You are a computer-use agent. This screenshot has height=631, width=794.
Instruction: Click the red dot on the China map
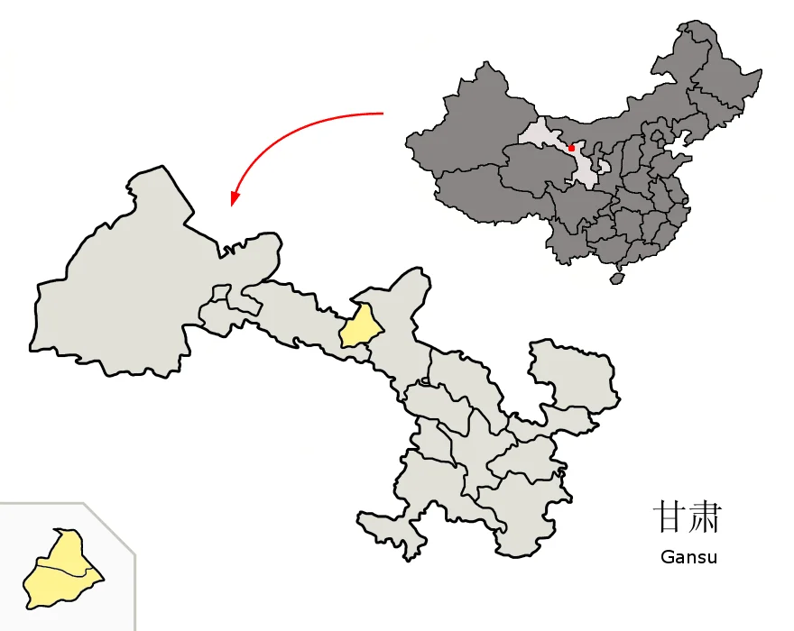[571, 148]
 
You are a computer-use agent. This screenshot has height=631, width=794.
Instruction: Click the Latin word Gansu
[688, 557]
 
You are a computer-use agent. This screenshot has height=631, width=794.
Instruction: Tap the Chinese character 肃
[704, 517]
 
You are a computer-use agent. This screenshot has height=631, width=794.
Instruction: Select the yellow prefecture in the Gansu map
[358, 327]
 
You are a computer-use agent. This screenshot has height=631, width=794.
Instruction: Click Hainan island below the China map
[617, 279]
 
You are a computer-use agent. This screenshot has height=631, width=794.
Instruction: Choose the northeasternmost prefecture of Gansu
[573, 374]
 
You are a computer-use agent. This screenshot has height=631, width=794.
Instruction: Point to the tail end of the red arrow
[383, 114]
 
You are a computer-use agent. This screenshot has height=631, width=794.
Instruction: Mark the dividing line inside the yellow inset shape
[63, 570]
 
